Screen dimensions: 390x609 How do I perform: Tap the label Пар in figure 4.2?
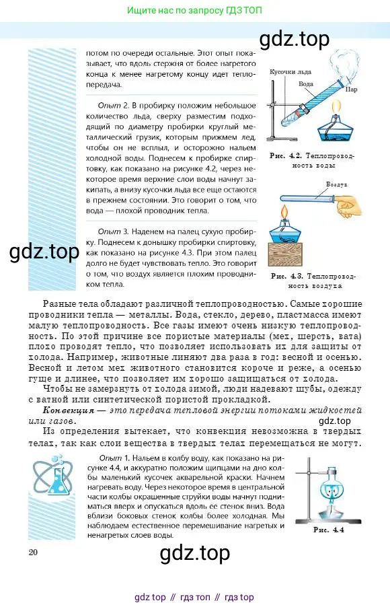point(351,88)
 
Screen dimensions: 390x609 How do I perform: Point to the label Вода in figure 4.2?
point(306,84)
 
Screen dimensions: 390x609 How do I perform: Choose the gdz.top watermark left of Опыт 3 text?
point(44,252)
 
